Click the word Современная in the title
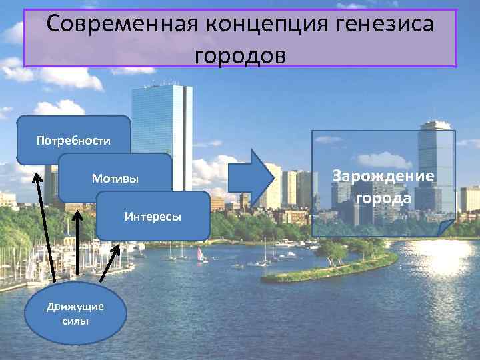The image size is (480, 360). (123, 25)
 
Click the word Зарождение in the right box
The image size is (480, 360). (383, 176)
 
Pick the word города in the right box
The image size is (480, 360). (383, 199)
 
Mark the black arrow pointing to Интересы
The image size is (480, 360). (110, 263)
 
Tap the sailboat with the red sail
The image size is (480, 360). (200, 254)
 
